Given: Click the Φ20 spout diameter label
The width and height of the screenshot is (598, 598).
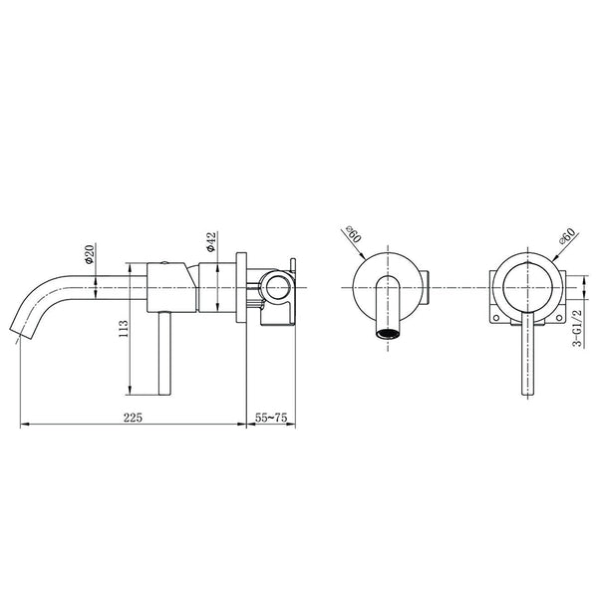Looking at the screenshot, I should [x=88, y=254].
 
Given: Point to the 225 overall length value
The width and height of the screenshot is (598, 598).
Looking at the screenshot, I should [x=132, y=417].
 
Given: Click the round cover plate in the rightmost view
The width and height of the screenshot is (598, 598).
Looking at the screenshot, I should [x=524, y=288].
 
